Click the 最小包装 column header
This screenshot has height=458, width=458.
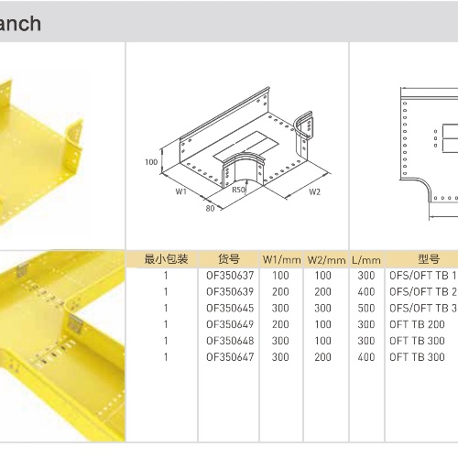pos(166,259)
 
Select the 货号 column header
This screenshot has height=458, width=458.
pos(229,259)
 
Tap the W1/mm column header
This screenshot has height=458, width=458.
pos(281,260)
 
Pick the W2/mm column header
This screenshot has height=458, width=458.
pos(326,260)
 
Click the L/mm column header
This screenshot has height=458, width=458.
pos(366,260)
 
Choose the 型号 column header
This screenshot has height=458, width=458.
pos(429,259)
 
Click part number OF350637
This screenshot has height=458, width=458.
pos(230,276)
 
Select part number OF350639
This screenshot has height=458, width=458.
pos(230,291)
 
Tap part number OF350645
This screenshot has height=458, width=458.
pos(230,308)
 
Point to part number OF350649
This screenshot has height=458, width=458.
pos(230,324)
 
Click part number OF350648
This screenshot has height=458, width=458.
pos(230,341)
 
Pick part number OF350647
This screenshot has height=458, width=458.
pos(230,357)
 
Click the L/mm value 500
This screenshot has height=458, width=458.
pos(366,308)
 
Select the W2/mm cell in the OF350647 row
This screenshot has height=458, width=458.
pos(322,357)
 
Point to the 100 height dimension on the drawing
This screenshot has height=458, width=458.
pos(151,162)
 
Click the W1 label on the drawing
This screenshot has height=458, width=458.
pos(180,191)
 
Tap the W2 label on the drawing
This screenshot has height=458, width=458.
pos(314,191)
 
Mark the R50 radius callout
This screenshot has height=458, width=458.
pos(238,190)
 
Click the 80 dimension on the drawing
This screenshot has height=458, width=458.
pos(210,208)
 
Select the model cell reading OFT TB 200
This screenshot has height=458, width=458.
pos(417,324)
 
